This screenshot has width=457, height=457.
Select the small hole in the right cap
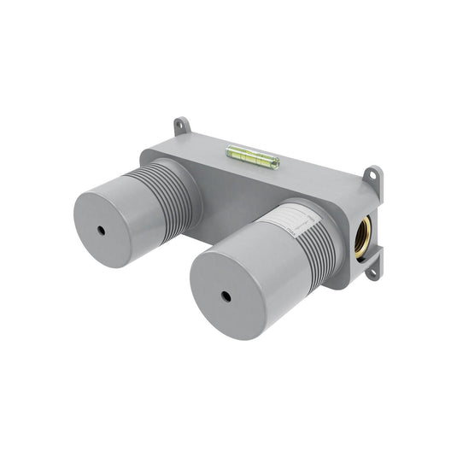[x=227, y=296]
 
